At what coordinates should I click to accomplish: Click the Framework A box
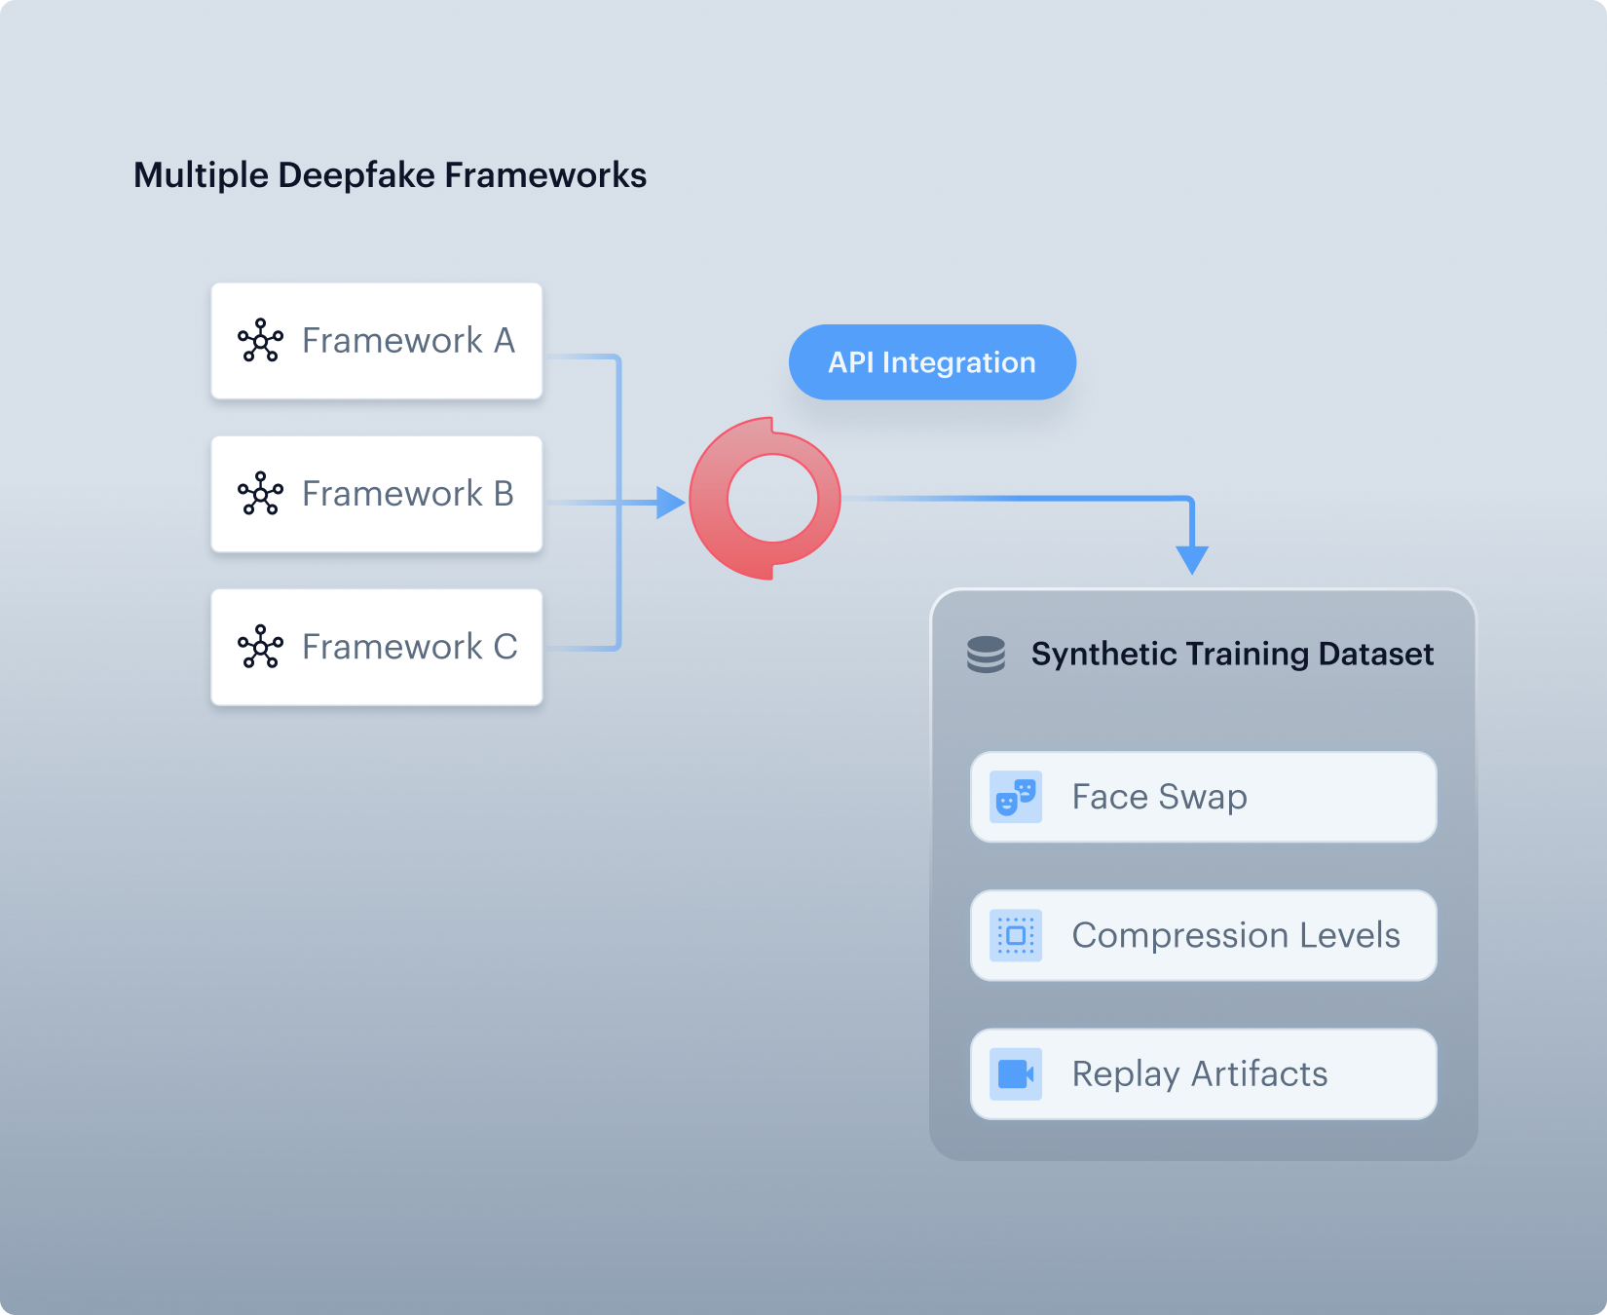click(x=377, y=341)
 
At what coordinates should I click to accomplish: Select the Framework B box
click(x=377, y=494)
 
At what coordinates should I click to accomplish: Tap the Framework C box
click(x=377, y=647)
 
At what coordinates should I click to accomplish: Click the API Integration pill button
click(x=932, y=362)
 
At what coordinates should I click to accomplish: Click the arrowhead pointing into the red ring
click(x=671, y=503)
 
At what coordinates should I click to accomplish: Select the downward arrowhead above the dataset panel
click(x=1192, y=560)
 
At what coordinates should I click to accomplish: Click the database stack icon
click(x=986, y=655)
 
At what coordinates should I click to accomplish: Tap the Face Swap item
click(x=1204, y=797)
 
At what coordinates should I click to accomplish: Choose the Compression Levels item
click(x=1204, y=935)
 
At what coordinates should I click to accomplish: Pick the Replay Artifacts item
click(x=1204, y=1073)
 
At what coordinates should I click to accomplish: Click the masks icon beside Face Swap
click(x=1016, y=797)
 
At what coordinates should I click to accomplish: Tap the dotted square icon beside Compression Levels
click(x=1016, y=935)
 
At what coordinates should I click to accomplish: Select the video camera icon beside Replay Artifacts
click(x=1016, y=1073)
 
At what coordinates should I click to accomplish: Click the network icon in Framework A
click(x=261, y=341)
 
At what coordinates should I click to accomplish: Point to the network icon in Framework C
click(x=261, y=647)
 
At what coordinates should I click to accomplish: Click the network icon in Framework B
click(x=261, y=494)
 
